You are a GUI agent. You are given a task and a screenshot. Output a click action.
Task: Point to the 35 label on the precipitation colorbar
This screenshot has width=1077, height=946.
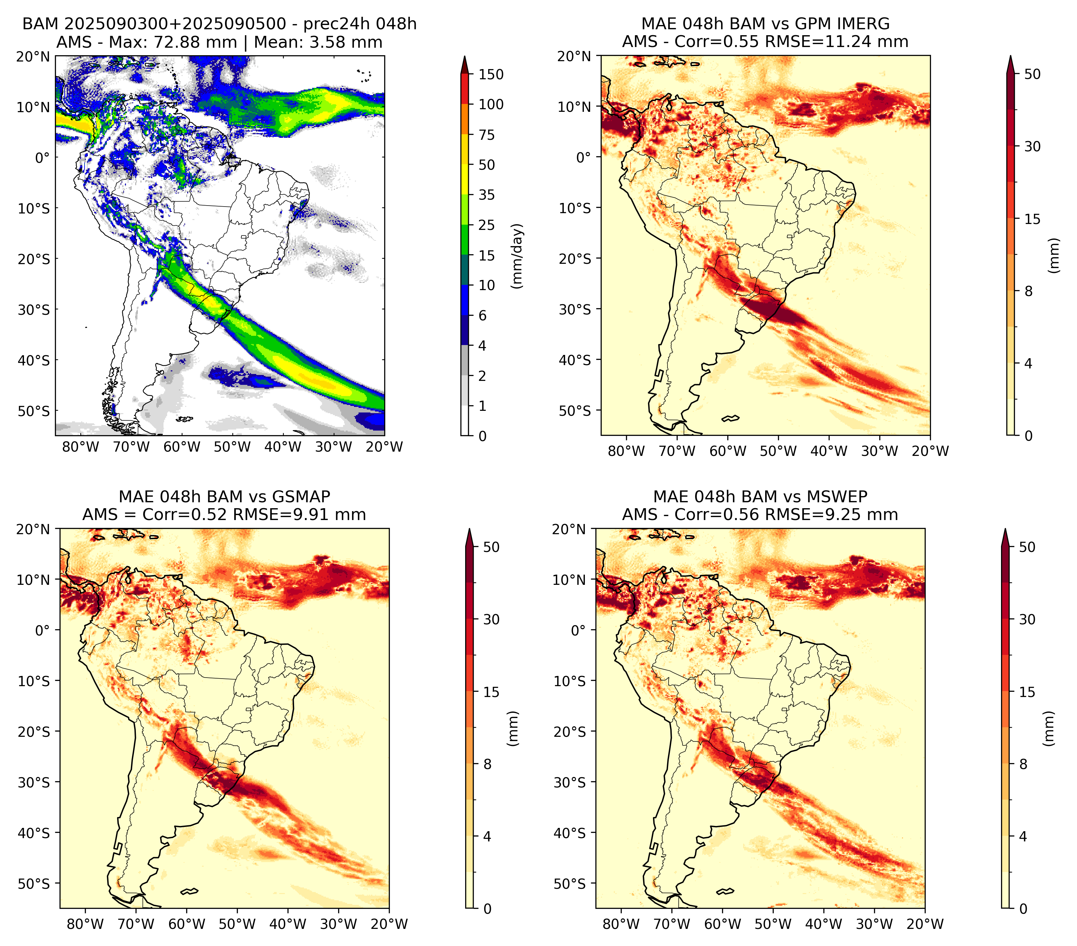click(x=486, y=195)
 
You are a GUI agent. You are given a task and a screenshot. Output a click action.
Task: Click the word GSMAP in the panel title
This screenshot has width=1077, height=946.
click(x=301, y=497)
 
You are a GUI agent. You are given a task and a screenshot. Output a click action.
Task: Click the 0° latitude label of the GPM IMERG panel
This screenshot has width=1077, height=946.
click(x=584, y=158)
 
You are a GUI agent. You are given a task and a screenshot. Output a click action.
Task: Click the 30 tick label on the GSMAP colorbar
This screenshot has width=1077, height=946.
click(x=491, y=619)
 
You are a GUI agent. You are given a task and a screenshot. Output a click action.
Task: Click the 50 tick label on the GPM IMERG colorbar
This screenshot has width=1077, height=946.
click(x=1032, y=74)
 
